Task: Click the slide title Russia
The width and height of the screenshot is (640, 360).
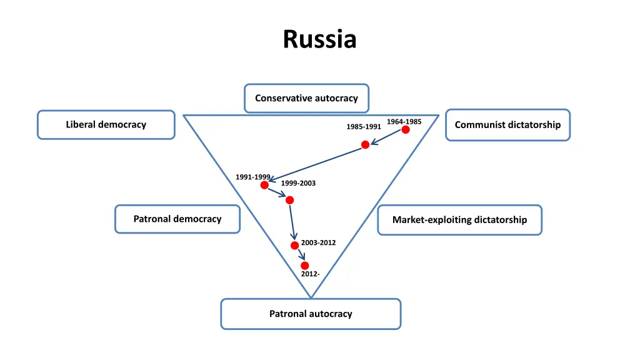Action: click(319, 39)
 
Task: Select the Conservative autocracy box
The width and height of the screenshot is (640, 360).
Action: click(306, 98)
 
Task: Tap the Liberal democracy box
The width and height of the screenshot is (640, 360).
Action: click(106, 124)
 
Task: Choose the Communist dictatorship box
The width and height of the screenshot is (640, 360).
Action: click(507, 124)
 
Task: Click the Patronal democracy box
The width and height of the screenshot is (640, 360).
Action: click(177, 219)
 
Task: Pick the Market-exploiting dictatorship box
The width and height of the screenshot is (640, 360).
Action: click(459, 220)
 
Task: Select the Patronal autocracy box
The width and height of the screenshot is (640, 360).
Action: click(311, 314)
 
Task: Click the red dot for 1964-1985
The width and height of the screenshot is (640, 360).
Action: click(406, 129)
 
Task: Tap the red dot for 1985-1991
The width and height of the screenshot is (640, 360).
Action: click(366, 144)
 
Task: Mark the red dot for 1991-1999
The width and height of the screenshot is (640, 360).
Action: click(264, 185)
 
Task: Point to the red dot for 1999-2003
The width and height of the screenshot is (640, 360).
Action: click(289, 200)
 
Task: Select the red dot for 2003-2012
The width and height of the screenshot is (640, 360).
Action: click(294, 245)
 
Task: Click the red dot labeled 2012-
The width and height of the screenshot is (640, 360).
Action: click(304, 266)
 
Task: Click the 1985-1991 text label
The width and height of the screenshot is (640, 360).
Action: click(364, 127)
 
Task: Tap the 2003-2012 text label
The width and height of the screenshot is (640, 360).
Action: click(318, 242)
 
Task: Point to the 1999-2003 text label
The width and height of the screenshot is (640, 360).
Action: click(298, 183)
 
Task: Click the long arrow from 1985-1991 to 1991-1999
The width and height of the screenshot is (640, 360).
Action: click(316, 164)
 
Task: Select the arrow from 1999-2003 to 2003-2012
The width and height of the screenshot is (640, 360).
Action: click(292, 222)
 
